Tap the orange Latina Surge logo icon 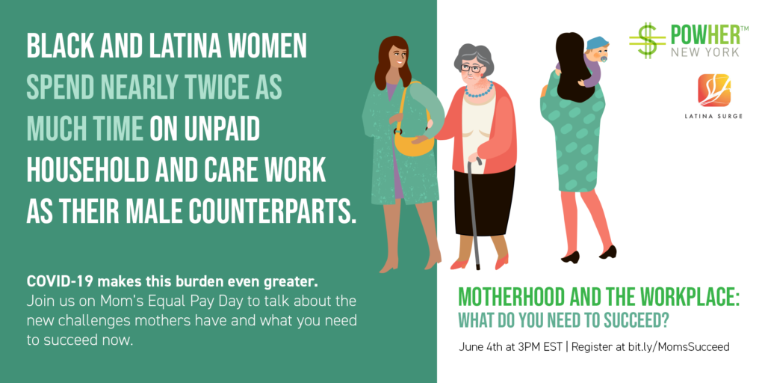click(x=713, y=90)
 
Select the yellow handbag click(x=412, y=139)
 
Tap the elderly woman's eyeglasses click(x=471, y=68)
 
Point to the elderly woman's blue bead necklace click(x=478, y=91)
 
